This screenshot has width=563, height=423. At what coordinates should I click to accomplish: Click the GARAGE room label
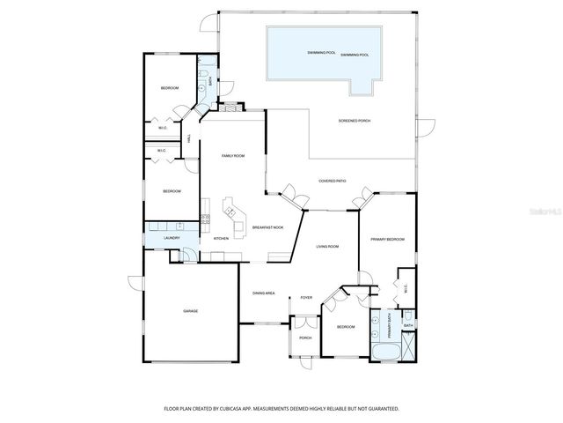tap(190, 311)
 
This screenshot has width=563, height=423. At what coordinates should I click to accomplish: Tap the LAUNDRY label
tap(172, 238)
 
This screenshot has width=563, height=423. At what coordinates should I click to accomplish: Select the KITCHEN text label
tap(221, 239)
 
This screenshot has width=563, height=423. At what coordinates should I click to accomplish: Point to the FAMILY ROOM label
tap(232, 156)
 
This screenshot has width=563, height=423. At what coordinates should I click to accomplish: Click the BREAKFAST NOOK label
tap(267, 227)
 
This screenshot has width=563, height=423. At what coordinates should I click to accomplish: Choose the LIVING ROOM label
tap(327, 247)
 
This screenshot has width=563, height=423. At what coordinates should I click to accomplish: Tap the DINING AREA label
tap(264, 293)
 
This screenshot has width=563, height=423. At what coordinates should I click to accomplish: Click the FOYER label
tap(306, 297)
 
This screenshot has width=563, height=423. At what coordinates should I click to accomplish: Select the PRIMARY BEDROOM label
tap(387, 239)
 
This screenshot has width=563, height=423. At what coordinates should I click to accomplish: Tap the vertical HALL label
tap(189, 138)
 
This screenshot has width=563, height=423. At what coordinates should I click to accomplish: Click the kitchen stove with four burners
tap(205, 218)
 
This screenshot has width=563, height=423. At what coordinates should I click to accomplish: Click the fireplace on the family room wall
tap(230, 108)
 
